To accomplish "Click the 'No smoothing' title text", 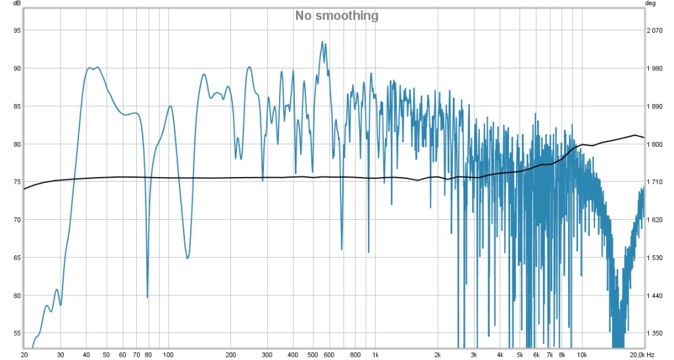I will [x=336, y=15].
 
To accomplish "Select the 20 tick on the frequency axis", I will [x=24, y=355].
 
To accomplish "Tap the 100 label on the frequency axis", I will [x=168, y=355].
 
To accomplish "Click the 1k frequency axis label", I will [x=375, y=355].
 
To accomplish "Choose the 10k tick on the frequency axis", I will [x=582, y=355].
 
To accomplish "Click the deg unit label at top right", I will [x=652, y=3].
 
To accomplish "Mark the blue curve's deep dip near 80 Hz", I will [x=147, y=297].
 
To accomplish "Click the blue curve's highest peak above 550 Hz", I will [x=323, y=41].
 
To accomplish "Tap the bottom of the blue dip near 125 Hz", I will [x=188, y=258].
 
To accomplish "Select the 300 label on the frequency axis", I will [x=267, y=355].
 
